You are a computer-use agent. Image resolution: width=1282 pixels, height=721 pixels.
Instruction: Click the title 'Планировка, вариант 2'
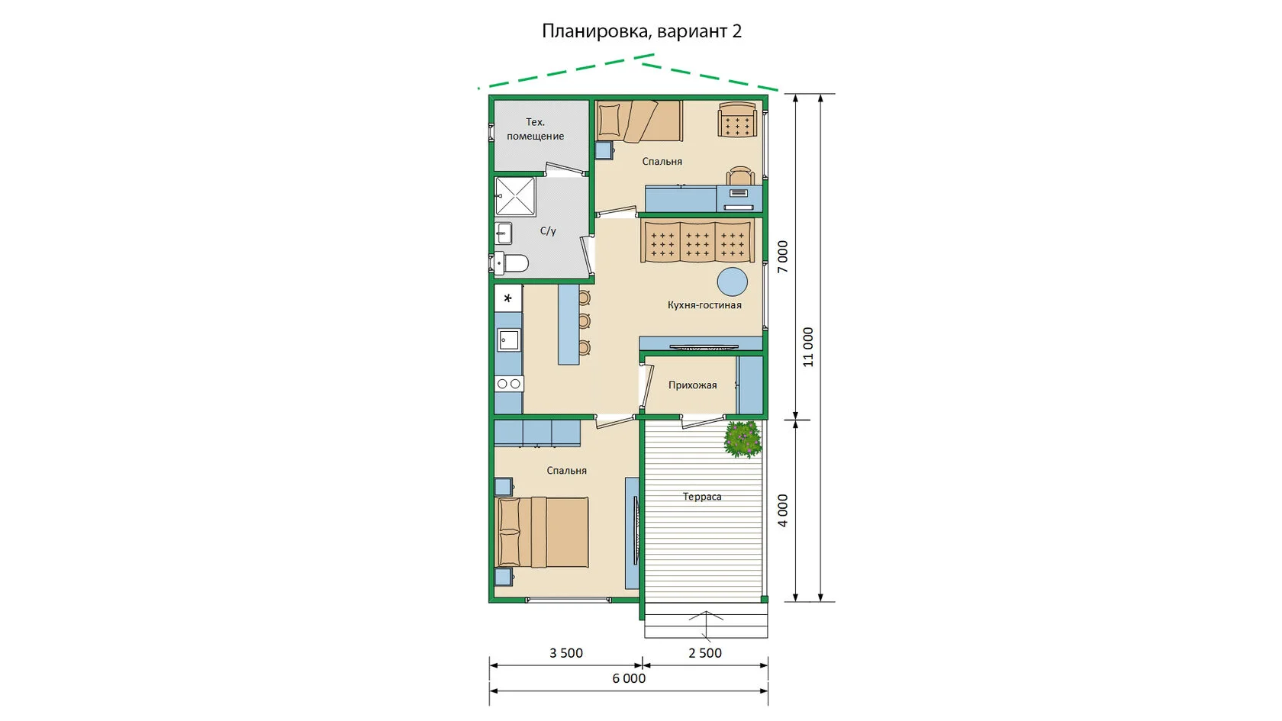(x=642, y=31)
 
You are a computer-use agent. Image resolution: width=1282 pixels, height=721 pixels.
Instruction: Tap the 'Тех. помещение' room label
(x=535, y=129)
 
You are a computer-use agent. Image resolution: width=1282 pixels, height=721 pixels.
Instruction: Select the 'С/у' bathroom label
(x=548, y=230)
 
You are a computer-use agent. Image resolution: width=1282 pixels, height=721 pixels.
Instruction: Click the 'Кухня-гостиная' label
(x=704, y=305)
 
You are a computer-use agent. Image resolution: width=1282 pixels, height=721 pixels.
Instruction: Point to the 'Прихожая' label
(x=693, y=385)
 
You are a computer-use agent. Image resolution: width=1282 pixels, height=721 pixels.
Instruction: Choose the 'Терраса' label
(x=702, y=497)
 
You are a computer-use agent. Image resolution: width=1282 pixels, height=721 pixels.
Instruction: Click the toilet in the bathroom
(x=511, y=263)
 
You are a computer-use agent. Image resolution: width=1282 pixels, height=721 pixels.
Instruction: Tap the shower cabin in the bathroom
(x=515, y=197)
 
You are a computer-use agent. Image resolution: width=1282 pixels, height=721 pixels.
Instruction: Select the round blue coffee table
(x=733, y=282)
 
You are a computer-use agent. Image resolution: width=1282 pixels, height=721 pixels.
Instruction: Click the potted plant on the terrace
(x=743, y=439)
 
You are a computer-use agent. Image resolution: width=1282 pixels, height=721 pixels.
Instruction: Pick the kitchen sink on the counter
(x=508, y=340)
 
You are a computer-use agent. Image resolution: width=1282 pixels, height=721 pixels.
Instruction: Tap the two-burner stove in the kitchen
(x=509, y=384)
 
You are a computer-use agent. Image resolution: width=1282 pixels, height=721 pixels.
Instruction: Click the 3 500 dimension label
(x=566, y=653)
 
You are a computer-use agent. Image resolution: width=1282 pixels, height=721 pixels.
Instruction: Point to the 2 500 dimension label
(x=705, y=653)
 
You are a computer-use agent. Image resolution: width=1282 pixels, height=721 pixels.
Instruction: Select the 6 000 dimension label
(x=629, y=679)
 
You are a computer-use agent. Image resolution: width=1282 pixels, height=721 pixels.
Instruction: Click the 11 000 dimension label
(x=807, y=347)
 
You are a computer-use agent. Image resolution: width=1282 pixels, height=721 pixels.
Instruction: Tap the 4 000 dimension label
(x=783, y=510)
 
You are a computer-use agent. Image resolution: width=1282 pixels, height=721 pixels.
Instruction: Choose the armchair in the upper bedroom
(x=738, y=120)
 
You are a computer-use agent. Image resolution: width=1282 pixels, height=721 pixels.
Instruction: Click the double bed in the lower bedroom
(x=542, y=533)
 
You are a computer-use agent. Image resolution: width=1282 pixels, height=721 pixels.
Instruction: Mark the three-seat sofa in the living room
(x=697, y=241)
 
